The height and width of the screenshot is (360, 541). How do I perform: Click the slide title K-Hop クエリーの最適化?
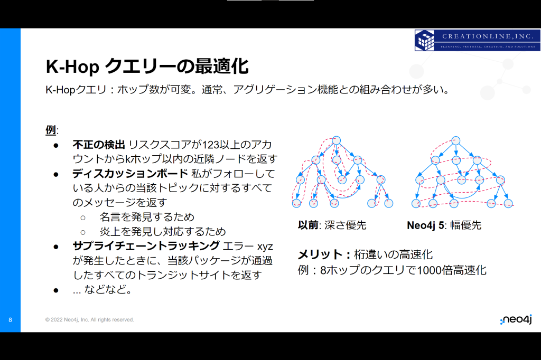coord(147,66)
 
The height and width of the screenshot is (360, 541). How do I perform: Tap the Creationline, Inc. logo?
coord(478,40)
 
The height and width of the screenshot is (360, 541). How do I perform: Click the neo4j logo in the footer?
coord(516,320)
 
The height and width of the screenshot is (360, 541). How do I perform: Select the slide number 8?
coord(11,320)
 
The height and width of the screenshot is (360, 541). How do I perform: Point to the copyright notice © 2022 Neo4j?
coord(89,320)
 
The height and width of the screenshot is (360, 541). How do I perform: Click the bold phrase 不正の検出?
coord(99,145)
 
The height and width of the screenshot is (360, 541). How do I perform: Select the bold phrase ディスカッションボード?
coord(130,174)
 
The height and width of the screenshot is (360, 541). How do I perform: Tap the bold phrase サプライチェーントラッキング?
coord(146,246)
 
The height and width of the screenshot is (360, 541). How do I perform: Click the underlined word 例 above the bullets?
coord(50,130)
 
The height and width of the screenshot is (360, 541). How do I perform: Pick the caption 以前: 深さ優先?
coord(332,225)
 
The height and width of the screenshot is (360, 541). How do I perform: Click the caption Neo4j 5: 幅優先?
coord(444,225)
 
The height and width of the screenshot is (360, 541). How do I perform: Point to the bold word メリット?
coord(320,254)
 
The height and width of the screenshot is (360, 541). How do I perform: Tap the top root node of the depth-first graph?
coord(336,140)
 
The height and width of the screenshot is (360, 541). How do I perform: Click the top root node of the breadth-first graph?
coord(456,140)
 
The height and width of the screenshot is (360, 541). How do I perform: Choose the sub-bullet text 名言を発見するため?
coord(147,217)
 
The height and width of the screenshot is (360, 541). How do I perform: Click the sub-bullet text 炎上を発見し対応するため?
coord(163,231)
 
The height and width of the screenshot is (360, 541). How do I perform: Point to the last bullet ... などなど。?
coord(102,289)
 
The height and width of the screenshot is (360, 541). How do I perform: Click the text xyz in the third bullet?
coord(265,247)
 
